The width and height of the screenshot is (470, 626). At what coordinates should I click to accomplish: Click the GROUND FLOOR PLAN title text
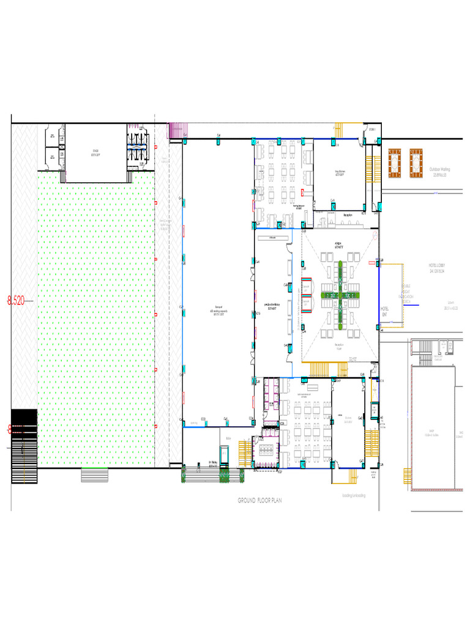point(260,500)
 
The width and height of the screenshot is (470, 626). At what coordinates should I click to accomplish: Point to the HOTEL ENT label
point(385,311)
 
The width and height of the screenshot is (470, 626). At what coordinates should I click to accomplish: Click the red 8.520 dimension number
point(16,300)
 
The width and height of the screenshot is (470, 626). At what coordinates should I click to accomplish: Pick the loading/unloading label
point(353,495)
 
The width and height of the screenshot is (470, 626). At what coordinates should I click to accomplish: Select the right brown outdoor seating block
point(417,163)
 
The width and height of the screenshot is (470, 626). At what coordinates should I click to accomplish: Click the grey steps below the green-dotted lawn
point(94,475)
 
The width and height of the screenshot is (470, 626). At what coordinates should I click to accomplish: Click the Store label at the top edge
point(372,129)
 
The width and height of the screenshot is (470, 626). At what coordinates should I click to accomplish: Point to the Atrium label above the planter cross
point(338,245)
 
